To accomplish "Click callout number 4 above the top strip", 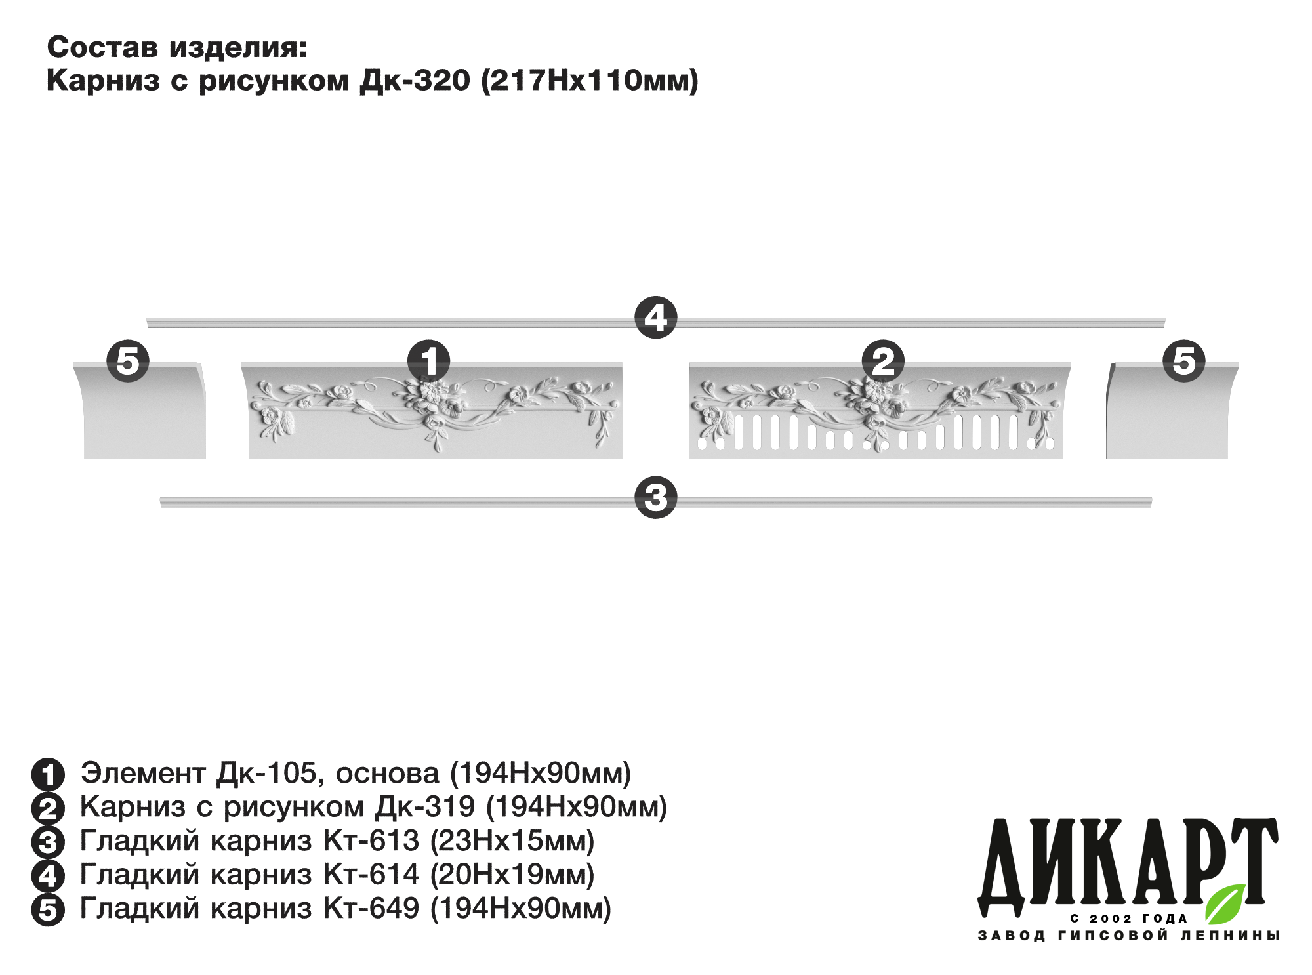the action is click(655, 318).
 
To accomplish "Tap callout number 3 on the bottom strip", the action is click(655, 497).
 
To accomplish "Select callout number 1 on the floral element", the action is click(429, 361).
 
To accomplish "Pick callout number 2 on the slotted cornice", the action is click(884, 361).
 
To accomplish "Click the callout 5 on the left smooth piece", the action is click(128, 361).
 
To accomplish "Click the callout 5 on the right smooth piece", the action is click(1184, 361).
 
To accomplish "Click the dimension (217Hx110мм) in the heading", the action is click(590, 81).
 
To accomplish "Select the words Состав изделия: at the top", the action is click(177, 48).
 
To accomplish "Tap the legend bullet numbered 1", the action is click(48, 775).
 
